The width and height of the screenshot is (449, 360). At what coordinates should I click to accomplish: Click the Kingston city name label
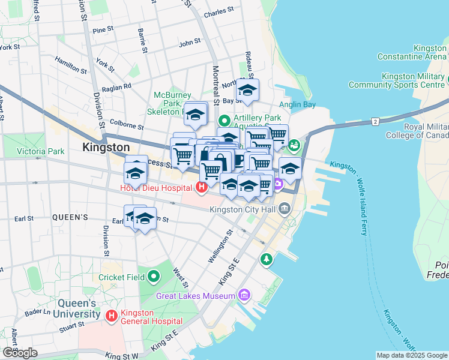click(x=106, y=147)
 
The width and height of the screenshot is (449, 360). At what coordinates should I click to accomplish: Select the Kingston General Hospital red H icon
click(x=111, y=315)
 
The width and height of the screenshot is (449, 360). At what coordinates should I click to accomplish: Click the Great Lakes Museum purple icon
click(x=244, y=295)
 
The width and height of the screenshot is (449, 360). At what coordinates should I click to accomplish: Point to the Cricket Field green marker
click(x=154, y=277)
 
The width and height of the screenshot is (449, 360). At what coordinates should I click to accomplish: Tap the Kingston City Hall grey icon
click(x=285, y=209)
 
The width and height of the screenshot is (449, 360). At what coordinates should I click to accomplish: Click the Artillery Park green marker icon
click(x=224, y=119)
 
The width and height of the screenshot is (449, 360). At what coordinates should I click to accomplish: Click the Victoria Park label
click(x=41, y=151)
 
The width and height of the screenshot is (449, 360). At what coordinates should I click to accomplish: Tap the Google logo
click(x=20, y=353)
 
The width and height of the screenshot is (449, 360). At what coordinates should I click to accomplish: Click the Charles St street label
click(x=218, y=11)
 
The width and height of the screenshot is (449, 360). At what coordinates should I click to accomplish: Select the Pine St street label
click(x=103, y=29)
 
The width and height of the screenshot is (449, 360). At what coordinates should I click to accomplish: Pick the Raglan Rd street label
click(x=118, y=87)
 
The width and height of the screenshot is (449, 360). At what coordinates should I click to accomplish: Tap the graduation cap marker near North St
click(x=247, y=91)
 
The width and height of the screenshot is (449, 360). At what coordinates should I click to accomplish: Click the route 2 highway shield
click(x=376, y=122)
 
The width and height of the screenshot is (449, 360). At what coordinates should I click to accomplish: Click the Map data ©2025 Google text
click(x=411, y=355)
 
